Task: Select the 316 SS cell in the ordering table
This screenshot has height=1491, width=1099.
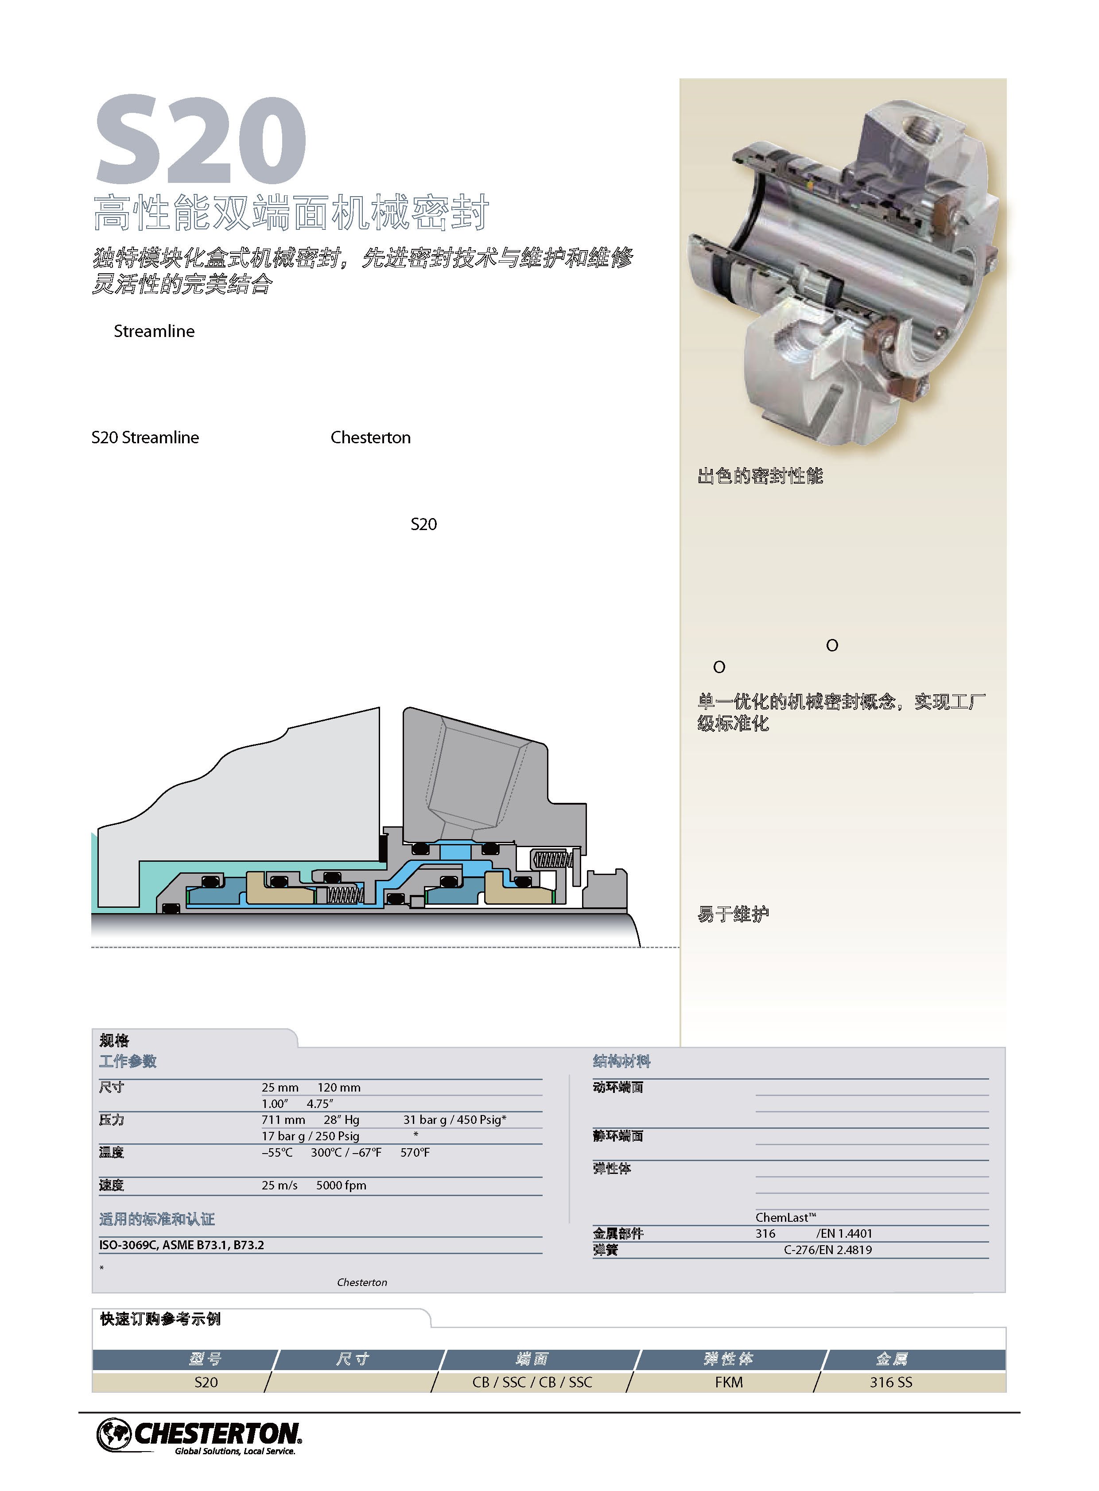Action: tap(891, 1382)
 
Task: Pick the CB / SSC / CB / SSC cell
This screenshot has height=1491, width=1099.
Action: tap(532, 1382)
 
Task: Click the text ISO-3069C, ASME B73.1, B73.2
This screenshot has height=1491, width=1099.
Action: tap(182, 1245)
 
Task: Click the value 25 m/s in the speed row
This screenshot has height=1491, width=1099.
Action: tap(280, 1185)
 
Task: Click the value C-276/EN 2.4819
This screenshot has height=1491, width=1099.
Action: tap(827, 1250)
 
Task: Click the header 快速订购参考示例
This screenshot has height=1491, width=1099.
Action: tap(160, 1319)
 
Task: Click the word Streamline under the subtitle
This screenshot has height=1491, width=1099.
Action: tap(154, 331)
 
